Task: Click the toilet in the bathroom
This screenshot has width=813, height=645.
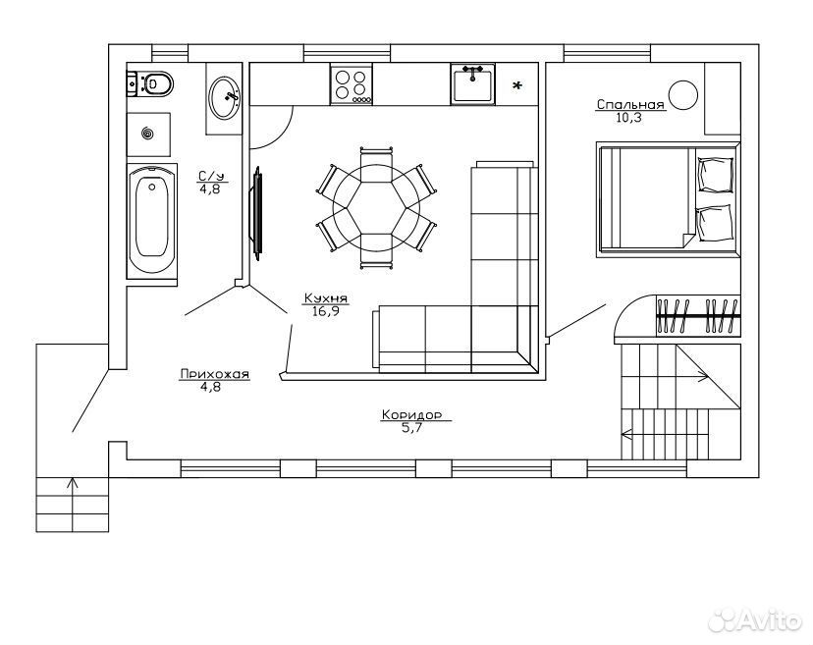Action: pos(149,83)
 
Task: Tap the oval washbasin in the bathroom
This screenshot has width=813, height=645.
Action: pos(225,98)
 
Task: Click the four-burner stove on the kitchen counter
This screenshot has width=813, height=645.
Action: pos(351,84)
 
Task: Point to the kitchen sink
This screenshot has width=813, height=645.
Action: pos(472,84)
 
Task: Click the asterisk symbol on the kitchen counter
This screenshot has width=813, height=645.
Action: pos(516,86)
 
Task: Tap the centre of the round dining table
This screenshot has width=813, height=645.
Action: pos(376,208)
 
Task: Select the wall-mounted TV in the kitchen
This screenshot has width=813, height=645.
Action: pos(256,213)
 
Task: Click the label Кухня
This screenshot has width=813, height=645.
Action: pos(326,298)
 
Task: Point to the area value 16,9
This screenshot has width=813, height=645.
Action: pos(326,311)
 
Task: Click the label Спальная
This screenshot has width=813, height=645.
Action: pos(630,105)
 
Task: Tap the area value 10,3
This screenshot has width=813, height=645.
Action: pos(629,118)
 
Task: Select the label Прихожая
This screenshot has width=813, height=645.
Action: pos(215,374)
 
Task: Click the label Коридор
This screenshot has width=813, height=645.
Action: pos(411,415)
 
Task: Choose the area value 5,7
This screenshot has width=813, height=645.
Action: pos(411,428)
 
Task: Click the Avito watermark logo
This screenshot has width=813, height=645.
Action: pos(755,619)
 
